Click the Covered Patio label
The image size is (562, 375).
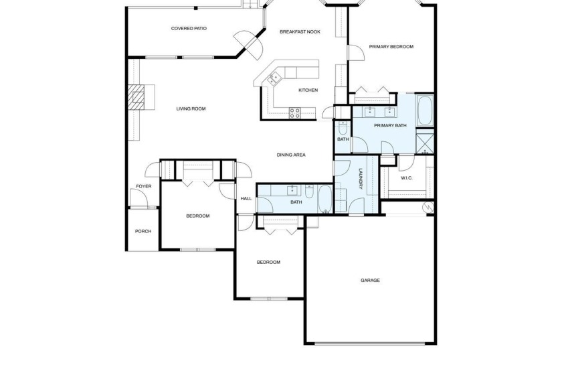[189, 29]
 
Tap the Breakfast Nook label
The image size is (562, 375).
[300, 31]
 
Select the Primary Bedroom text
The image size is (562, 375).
[391, 47]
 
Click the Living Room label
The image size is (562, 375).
[191, 108]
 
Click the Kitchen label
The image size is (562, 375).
[308, 90]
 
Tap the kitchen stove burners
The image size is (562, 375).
[294, 112]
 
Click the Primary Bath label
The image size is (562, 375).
[390, 125]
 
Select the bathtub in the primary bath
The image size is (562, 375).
[425, 110]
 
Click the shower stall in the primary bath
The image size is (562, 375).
[425, 141]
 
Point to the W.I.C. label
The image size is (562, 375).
[407, 178]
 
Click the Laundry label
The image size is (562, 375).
[360, 179]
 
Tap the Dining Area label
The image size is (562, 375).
[291, 155]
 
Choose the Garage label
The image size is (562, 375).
[370, 281]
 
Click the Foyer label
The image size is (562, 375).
[143, 186]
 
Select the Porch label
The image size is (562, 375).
[143, 232]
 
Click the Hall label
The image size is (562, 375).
[246, 198]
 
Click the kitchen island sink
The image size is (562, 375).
[274, 79]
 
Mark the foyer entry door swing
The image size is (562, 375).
[138, 199]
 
